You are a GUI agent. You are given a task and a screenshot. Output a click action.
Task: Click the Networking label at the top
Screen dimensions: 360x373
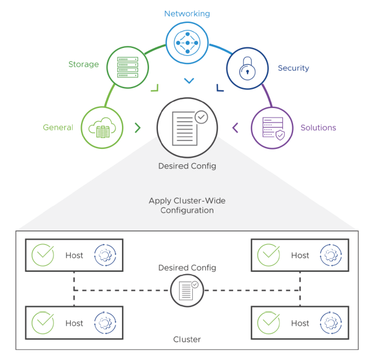pyautogui.click(x=187, y=13)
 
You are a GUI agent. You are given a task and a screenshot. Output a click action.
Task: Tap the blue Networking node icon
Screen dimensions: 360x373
pyautogui.click(x=187, y=43)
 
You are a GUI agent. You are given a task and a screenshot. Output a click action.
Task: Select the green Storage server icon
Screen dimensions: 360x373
pyautogui.click(x=127, y=67)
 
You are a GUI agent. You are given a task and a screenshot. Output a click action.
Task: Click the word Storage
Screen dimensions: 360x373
pyautogui.click(x=83, y=64)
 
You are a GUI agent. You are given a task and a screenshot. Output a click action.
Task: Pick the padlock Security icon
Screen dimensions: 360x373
pyautogui.click(x=247, y=68)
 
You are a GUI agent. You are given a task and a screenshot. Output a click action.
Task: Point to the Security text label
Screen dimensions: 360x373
pyautogui.click(x=293, y=68)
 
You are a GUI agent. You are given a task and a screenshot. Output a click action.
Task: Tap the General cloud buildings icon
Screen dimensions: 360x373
pyautogui.click(x=102, y=127)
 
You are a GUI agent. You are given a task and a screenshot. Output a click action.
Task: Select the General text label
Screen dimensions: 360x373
pyautogui.click(x=58, y=127)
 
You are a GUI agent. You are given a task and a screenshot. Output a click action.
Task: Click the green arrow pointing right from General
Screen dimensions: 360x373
pyautogui.click(x=138, y=127)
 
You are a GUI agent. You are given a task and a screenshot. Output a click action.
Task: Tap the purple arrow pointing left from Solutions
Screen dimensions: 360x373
pyautogui.click(x=235, y=127)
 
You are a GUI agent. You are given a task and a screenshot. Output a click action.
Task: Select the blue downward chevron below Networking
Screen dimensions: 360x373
pyautogui.click(x=189, y=80)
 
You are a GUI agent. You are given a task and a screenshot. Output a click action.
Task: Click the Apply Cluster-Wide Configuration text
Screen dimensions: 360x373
pyautogui.click(x=187, y=206)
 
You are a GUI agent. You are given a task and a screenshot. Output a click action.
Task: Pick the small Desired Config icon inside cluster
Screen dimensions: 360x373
pyautogui.click(x=187, y=290)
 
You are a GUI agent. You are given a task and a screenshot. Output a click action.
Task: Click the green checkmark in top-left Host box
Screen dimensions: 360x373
pyautogui.click(x=43, y=255)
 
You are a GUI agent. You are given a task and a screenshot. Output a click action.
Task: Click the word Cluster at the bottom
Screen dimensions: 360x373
pyautogui.click(x=187, y=339)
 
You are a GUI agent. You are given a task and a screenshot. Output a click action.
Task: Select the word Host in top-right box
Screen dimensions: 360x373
pyautogui.click(x=300, y=255)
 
